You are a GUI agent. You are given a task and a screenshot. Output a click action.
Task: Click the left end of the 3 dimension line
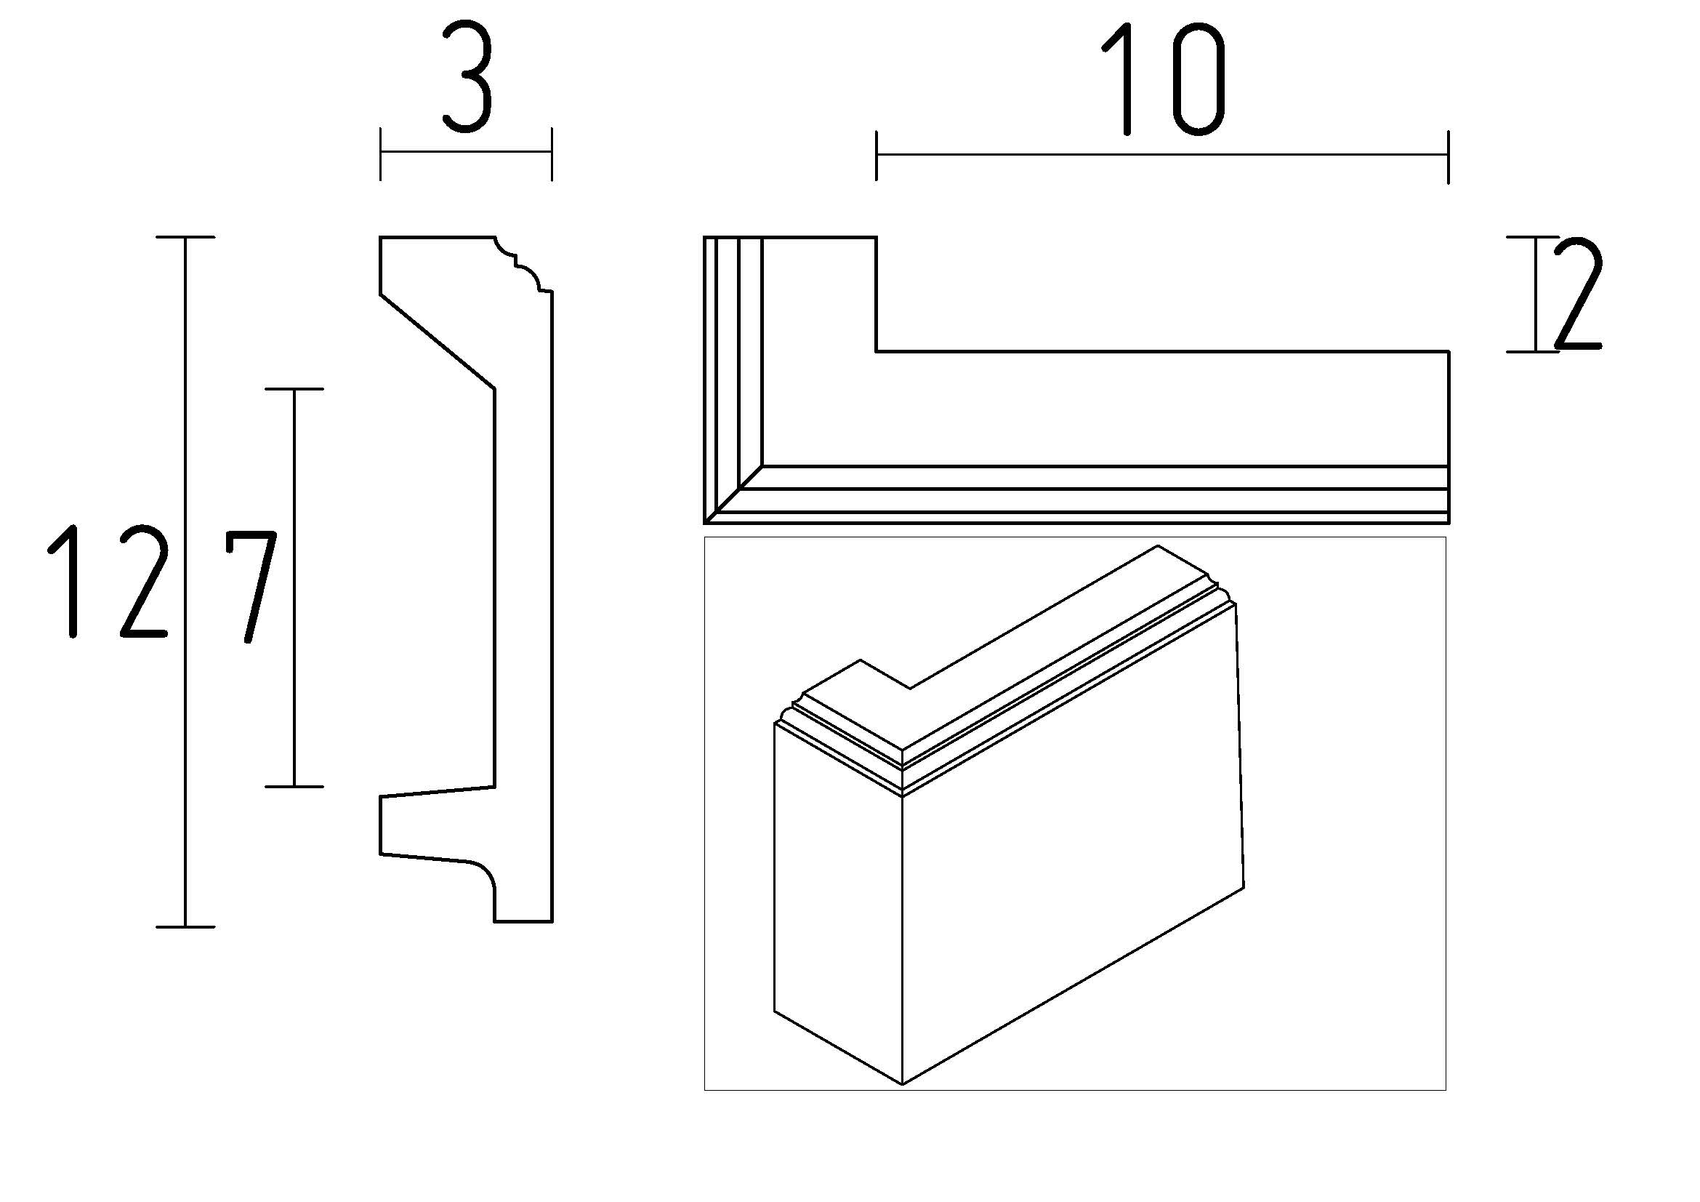(381, 153)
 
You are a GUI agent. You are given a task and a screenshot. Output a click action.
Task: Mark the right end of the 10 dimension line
(1449, 156)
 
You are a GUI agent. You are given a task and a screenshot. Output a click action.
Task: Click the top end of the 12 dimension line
(185, 238)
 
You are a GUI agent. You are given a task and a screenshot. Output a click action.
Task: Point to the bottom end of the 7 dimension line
(294, 786)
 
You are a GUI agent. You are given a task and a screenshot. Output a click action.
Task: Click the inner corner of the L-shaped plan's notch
(877, 351)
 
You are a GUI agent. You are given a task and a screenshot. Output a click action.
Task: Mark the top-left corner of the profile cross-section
(381, 238)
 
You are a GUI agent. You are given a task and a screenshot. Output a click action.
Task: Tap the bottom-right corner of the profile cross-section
(552, 921)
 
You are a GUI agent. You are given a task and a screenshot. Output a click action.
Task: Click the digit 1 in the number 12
(66, 582)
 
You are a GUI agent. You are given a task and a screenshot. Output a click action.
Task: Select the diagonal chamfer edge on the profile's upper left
(437, 341)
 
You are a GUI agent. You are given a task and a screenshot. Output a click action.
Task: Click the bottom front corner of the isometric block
(903, 1084)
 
